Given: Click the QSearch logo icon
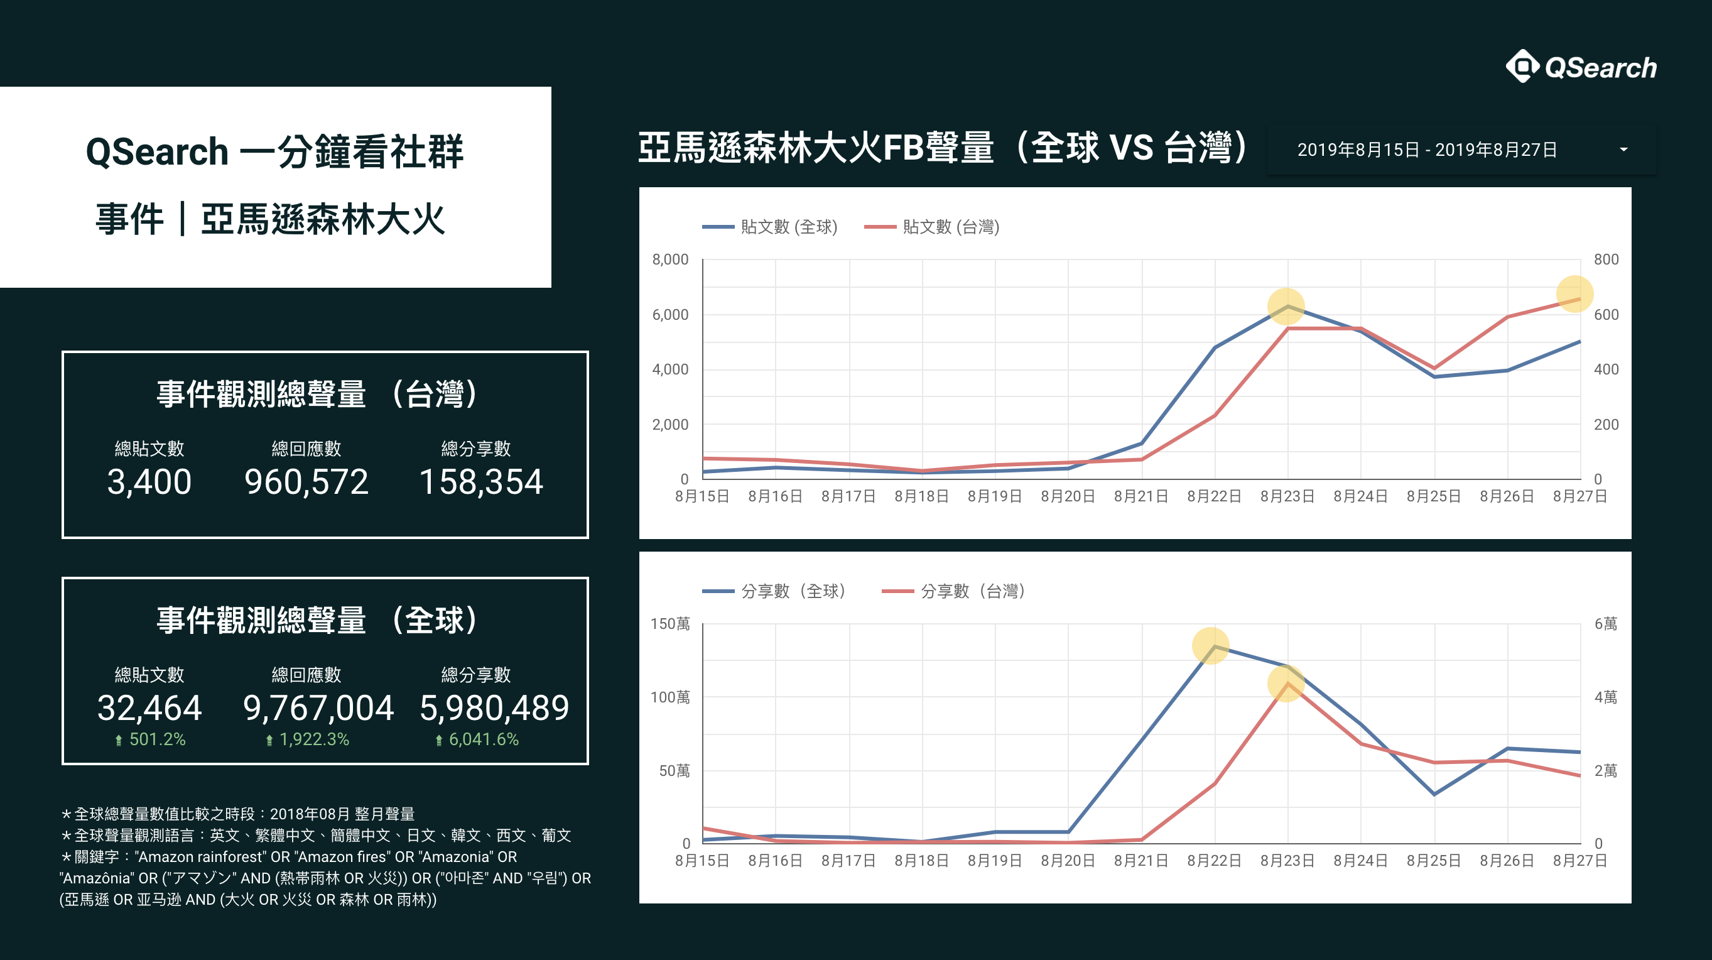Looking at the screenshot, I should tap(1522, 67).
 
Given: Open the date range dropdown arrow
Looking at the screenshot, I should tap(1623, 150).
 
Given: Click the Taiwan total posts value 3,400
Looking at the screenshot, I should tap(149, 481).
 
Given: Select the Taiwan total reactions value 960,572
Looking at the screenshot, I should tap(306, 481).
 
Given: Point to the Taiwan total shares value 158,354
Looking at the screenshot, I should tap(481, 481).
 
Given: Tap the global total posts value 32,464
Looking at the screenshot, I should tap(149, 707).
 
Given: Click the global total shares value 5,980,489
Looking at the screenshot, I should tap(494, 707).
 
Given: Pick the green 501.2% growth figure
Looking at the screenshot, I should tap(151, 739).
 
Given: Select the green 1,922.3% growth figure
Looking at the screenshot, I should tap(308, 739).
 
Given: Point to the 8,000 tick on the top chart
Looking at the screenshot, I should tap(670, 259).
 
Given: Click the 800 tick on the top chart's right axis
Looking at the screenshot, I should tap(1606, 259).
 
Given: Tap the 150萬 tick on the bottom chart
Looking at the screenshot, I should tap(670, 624).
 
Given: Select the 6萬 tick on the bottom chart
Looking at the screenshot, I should tap(1606, 624).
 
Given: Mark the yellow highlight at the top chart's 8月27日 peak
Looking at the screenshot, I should tap(1574, 294).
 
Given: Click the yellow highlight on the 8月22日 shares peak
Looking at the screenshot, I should tap(1211, 645).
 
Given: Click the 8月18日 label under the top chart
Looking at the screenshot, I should tap(922, 496).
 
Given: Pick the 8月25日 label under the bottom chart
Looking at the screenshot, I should tap(1434, 861).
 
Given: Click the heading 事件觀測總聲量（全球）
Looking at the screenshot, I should tap(318, 619).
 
